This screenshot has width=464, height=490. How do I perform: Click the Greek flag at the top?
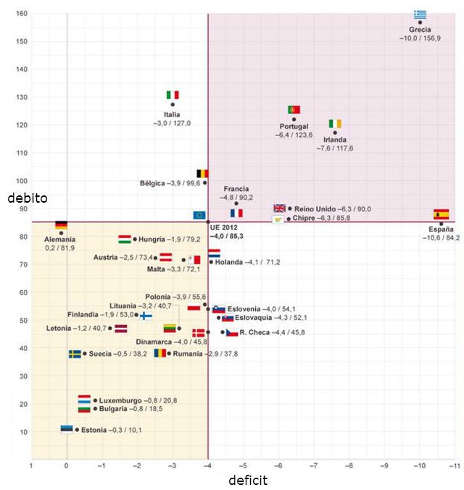coord(420,14)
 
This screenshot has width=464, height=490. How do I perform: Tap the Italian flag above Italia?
coord(173,95)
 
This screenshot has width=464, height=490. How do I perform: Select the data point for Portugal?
coord(294,119)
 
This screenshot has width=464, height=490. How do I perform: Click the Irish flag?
coord(335,124)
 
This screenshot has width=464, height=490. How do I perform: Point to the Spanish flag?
coord(441,214)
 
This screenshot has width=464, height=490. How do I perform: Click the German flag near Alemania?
coord(62,225)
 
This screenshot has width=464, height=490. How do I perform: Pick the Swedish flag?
coord(75,354)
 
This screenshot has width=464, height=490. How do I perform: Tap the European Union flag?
coord(199,215)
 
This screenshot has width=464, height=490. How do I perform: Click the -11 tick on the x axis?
coord(455,466)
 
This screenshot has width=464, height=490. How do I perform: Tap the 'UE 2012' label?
coord(223,227)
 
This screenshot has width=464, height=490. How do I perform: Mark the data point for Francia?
coord(236,203)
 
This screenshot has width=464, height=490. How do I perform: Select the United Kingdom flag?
coord(279,208)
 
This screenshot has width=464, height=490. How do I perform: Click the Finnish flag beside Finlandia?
coord(146,316)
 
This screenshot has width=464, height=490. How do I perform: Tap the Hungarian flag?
coord(125,240)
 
